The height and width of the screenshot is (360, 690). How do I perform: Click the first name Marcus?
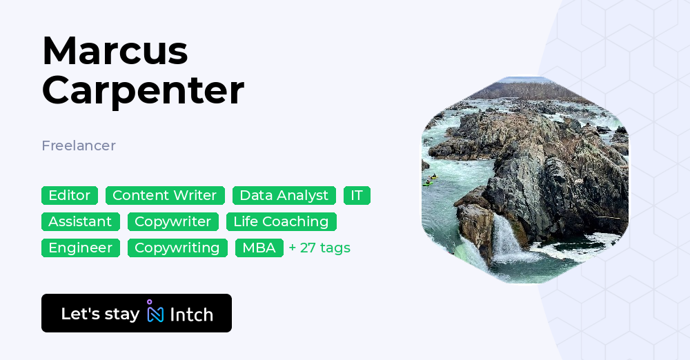[115, 50]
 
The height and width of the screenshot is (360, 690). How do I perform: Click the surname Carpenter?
[143, 90]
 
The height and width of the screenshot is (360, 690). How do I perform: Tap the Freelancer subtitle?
[79, 146]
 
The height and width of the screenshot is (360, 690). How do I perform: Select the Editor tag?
[70, 195]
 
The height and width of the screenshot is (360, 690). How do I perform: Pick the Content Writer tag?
[164, 195]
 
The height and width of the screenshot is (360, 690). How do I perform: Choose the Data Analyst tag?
[284, 195]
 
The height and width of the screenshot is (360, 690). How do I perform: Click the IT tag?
[357, 195]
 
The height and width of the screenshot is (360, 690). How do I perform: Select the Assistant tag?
[80, 221]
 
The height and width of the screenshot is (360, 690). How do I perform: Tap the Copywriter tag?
[172, 221]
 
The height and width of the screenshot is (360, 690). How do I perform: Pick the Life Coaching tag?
[281, 221]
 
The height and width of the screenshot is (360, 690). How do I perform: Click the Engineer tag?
[80, 248]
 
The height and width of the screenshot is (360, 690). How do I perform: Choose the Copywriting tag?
[177, 248]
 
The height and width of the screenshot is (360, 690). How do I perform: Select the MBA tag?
[259, 248]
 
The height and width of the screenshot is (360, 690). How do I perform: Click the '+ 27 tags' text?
[319, 248]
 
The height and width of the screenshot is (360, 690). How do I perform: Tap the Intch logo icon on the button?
[155, 312]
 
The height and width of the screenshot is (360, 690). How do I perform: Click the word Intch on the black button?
[191, 314]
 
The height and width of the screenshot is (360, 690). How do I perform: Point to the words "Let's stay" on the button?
[100, 314]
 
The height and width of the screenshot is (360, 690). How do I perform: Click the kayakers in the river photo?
[430, 181]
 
